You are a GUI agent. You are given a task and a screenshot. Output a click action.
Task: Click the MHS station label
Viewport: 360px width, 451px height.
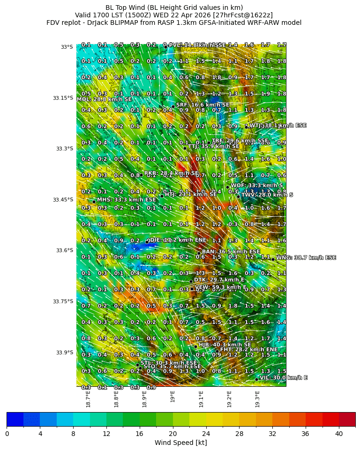tap(126, 200)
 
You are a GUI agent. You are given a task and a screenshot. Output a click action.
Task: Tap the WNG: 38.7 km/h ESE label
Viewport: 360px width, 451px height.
tap(306, 258)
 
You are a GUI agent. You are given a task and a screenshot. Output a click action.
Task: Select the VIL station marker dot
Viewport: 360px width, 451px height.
tap(256, 379)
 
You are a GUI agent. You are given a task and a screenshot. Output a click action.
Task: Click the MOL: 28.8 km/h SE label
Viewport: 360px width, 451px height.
tap(104, 99)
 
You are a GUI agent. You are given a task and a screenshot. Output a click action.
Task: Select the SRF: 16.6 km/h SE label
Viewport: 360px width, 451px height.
tap(202, 105)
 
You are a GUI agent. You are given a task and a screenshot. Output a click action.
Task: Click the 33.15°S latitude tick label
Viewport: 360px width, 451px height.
tap(63, 98)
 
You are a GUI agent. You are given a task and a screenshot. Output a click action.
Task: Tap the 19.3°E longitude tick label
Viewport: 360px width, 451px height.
tap(257, 398)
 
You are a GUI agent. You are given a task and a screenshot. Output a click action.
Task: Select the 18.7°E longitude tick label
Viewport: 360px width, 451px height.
tap(88, 398)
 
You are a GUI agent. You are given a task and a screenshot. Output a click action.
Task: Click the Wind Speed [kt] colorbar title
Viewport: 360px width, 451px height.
tap(180, 443)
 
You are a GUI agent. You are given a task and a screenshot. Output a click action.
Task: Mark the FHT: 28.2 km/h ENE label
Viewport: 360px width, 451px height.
tap(248, 350)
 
